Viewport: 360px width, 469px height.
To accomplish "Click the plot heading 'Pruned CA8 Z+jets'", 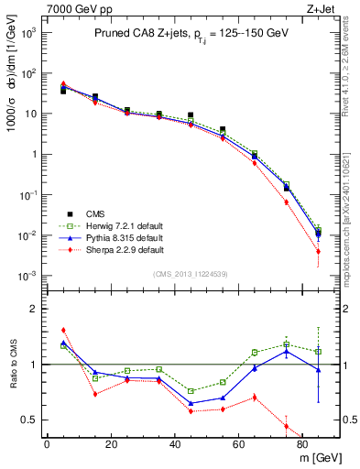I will [x=137, y=34].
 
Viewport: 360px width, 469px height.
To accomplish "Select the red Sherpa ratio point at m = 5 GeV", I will [x=63, y=330].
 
